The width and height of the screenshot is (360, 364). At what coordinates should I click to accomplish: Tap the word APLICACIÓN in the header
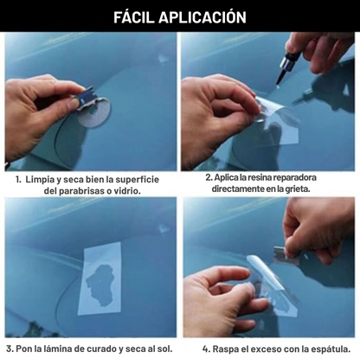pos(202,16)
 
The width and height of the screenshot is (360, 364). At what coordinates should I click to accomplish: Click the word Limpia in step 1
pos(40,180)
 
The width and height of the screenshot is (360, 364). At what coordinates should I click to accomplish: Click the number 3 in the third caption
pos(10,349)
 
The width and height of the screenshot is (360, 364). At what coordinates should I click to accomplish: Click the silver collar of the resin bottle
pos(287,63)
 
